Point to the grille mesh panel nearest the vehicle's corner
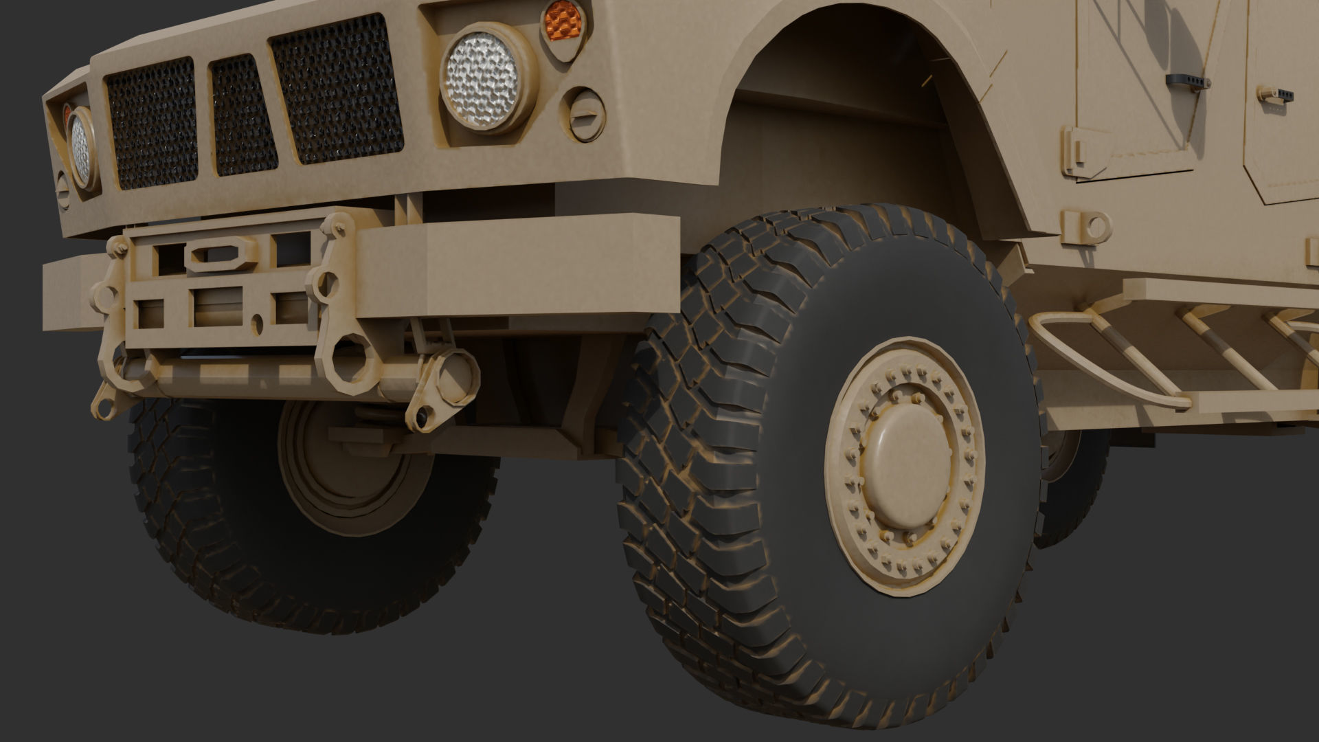(x=151, y=124)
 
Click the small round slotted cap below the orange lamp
(x=584, y=114)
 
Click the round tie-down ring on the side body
(x=1092, y=226)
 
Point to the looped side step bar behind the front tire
(x=1099, y=357)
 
